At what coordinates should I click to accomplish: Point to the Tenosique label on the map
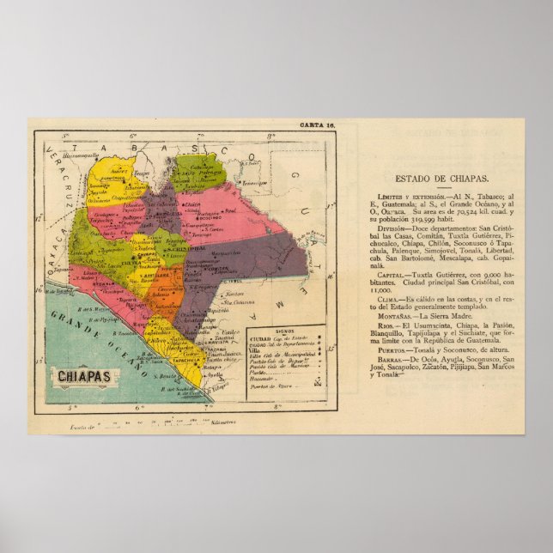coord(254,183)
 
